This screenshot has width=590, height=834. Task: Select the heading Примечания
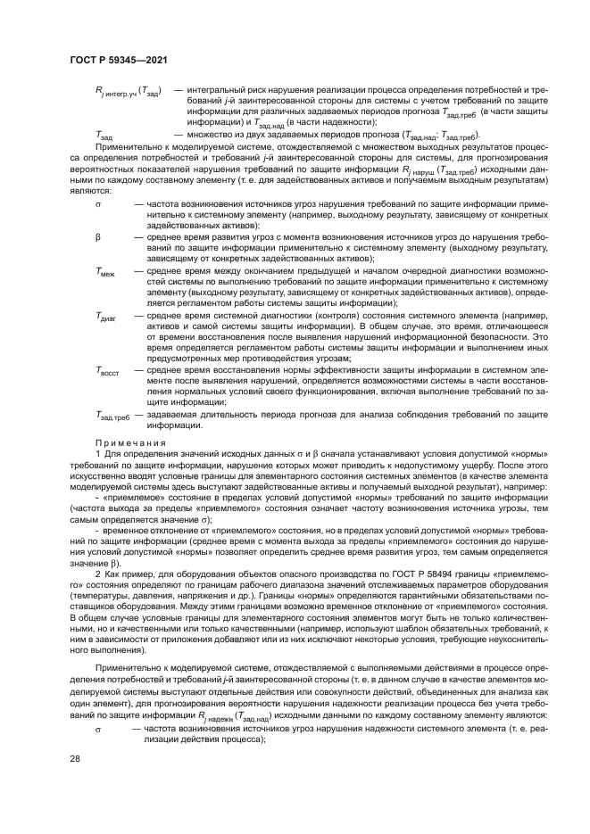(x=131, y=442)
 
